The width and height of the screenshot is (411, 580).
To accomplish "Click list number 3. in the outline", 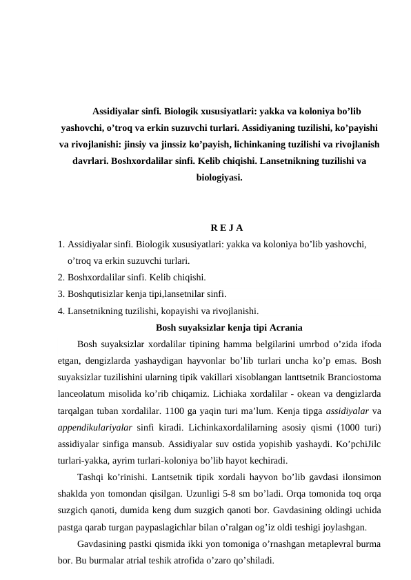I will click(62, 294).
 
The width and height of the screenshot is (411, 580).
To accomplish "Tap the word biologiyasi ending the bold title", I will click(219, 178).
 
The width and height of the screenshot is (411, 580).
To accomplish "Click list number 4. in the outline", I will click(62, 311).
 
